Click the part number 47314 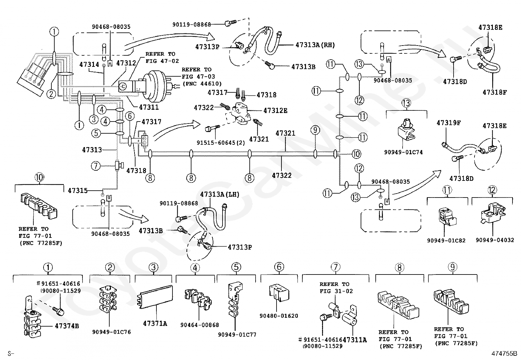tap(89, 65)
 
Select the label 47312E tap(275, 111)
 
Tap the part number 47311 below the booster tap(149, 107)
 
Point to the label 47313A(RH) tap(315, 45)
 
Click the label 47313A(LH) tap(220, 195)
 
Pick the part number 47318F tap(494, 92)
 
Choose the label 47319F tap(448, 123)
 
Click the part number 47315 tap(78, 191)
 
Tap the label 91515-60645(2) tap(221, 143)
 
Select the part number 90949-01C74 tap(403, 152)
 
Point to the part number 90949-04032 tap(495, 240)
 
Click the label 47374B tap(67, 326)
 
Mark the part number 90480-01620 tap(278, 316)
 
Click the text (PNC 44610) tap(202, 84)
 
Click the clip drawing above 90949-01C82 tap(447, 218)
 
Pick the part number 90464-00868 tap(200, 325)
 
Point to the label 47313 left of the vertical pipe tap(92, 150)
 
